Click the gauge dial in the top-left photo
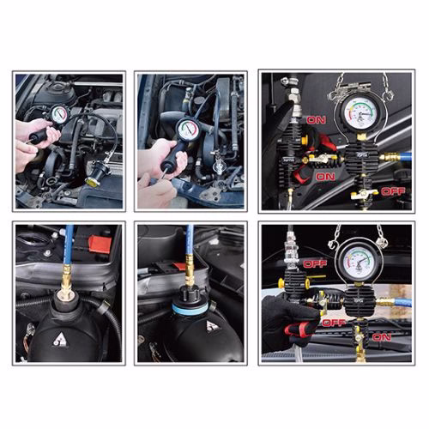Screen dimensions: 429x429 point(59,114)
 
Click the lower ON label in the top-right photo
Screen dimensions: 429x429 point(324,176)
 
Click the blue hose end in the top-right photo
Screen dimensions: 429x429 point(404,157)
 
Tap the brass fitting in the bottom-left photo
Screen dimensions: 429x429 point(66,280)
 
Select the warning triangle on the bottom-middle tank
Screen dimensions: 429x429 point(211,327)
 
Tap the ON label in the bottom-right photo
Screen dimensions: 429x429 point(382,337)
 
